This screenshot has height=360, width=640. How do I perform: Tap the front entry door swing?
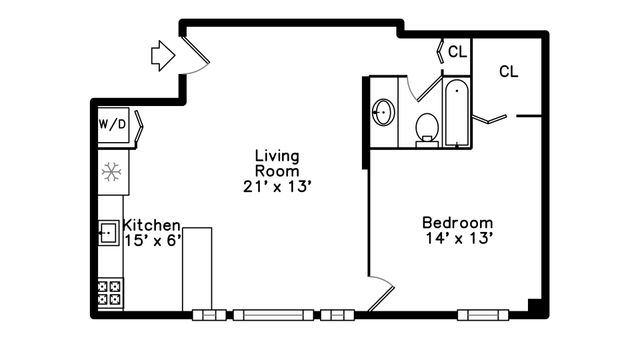point(194,54)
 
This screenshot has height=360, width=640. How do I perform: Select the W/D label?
point(112,125)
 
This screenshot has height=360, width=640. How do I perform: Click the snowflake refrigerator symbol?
point(112,172)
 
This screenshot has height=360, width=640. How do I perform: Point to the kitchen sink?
point(108,234)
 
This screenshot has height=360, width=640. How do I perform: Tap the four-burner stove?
point(109,293)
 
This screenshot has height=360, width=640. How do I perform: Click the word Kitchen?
point(152,226)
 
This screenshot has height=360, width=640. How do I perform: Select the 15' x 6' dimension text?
point(152,241)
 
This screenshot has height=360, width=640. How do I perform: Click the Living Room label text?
point(277,163)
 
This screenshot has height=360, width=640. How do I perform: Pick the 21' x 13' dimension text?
point(277,186)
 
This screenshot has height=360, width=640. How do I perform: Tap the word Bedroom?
point(457,222)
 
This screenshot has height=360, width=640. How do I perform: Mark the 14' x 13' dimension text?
point(457,238)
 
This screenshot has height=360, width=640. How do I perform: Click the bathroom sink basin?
point(382,112)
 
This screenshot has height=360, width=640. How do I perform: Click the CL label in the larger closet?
point(509,72)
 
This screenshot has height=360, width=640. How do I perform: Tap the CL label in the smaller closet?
point(457,51)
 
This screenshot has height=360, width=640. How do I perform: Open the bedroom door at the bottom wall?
point(381,295)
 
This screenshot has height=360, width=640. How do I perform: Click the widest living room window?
point(271,315)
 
